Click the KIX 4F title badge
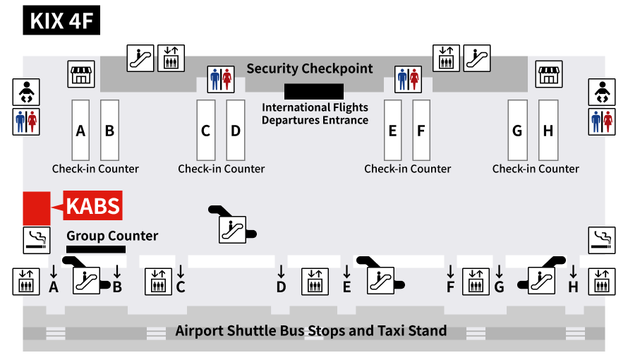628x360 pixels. (61, 20)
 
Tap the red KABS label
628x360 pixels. (93, 207)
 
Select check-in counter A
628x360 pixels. (80, 131)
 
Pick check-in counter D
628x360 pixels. (236, 131)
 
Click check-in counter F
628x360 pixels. (421, 131)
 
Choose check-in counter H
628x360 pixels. (548, 131)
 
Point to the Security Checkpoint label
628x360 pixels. (309, 68)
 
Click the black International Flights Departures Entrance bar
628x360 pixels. (314, 91)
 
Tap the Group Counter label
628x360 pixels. (112, 236)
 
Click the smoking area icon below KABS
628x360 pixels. (36, 240)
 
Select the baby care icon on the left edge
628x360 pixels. (26, 92)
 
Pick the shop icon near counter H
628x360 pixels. (549, 74)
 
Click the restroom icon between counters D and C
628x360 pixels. (221, 79)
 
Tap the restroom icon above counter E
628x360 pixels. (408, 79)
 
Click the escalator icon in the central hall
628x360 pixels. (231, 229)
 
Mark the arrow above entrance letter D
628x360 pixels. (282, 271)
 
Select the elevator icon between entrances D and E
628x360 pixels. (314, 282)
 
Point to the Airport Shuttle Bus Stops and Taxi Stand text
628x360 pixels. (310, 330)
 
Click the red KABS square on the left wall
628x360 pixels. (36, 208)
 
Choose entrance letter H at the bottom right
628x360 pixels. (573, 287)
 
